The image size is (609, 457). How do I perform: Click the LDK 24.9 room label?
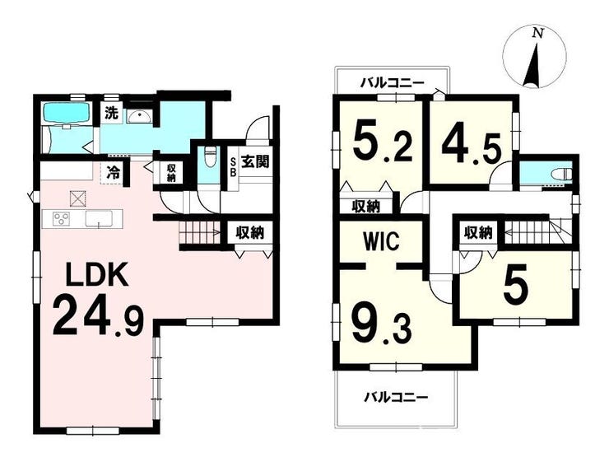coord(98,298)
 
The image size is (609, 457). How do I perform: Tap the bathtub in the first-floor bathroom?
coord(67,112)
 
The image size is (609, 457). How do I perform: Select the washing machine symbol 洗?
coord(111,113)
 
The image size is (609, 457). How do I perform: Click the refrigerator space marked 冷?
coord(114,172)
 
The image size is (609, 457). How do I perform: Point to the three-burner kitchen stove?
coord(62,218)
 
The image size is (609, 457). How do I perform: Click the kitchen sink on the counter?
coord(99,219)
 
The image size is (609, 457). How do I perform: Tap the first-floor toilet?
coord(210,156)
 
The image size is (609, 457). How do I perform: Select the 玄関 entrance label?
coord(255,161)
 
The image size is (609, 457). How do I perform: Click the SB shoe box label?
coord(233,167)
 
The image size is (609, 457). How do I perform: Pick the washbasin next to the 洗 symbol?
coord(139,116)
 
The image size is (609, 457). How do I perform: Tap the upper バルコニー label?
coord(393,83)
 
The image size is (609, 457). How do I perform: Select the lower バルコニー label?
coord(396,397)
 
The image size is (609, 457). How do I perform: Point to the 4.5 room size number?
coord(471,146)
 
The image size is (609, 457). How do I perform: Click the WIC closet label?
coord(381,241)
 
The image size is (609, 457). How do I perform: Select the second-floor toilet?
coord(562,174)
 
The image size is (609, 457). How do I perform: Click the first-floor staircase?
coord(199,233)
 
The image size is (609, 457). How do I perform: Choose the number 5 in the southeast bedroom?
coord(516,285)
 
